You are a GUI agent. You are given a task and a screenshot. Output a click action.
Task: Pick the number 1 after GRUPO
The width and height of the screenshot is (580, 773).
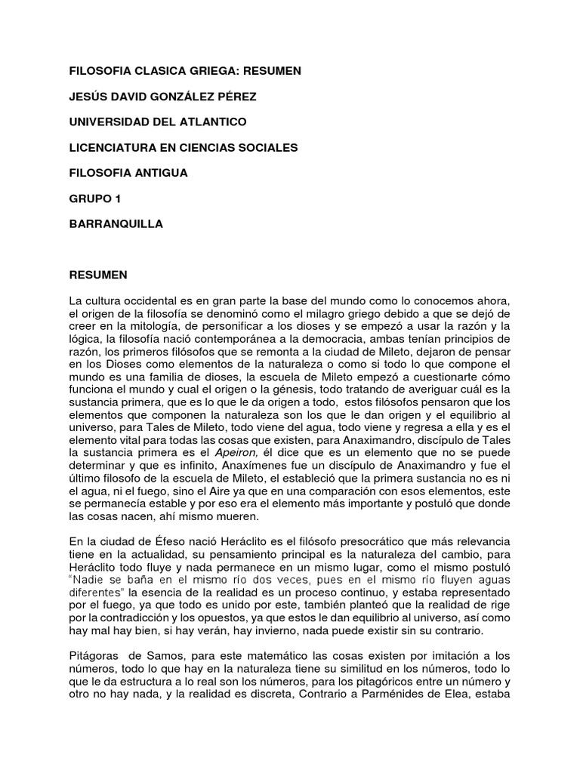tap(117, 199)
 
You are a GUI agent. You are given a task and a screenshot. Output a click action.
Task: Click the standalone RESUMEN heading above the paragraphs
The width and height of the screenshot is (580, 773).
tap(98, 275)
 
